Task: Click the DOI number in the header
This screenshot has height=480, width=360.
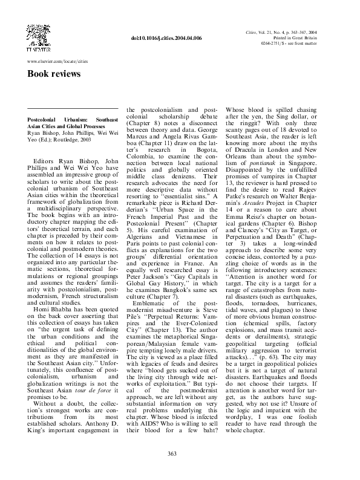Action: (x=166, y=37)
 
